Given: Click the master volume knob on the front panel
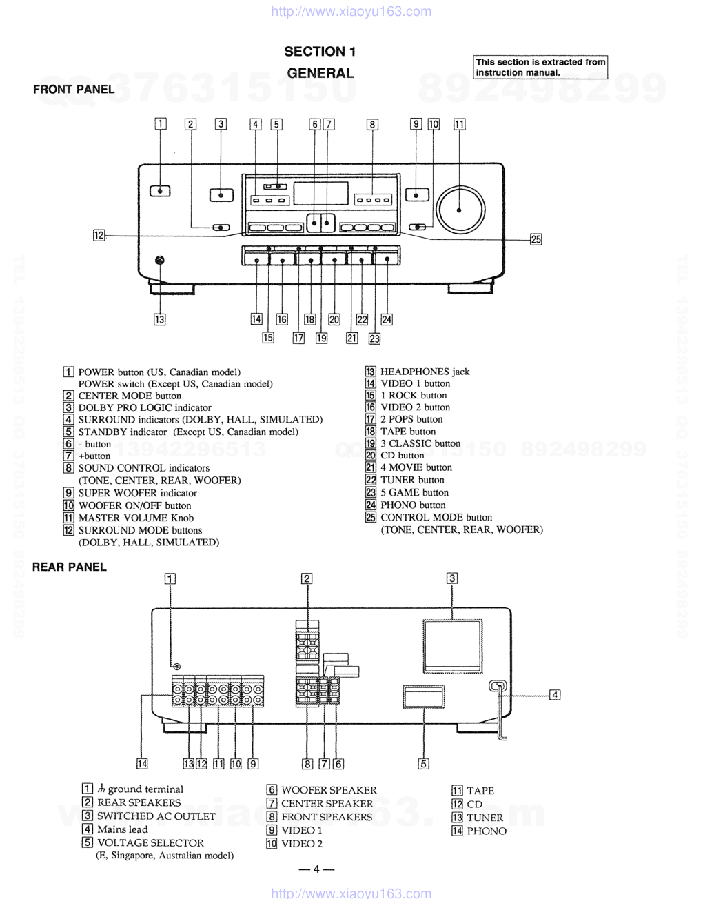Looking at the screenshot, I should click(460, 209).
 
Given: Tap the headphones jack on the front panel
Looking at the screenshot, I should click(160, 261).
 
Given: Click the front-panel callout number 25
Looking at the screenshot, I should click(536, 239).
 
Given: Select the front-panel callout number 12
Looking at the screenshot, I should click(99, 236).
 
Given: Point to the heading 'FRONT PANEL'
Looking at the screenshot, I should click(74, 89).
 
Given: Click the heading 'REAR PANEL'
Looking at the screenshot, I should click(70, 567).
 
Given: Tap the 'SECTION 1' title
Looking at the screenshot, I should click(320, 52).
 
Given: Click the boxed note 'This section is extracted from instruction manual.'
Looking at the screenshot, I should click(540, 67).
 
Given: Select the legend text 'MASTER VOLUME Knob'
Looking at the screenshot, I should click(136, 518).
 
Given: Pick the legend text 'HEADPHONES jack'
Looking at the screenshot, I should click(425, 372).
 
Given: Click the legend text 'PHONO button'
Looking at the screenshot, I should click(413, 505).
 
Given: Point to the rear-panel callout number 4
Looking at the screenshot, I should click(555, 695).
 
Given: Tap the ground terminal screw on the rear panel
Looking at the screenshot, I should click(177, 667).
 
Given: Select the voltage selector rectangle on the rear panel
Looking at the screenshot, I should click(425, 697).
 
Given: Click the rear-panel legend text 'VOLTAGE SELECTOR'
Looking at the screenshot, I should click(150, 842).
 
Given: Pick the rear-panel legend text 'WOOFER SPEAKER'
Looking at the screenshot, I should click(329, 790).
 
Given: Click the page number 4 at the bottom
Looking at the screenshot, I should click(316, 869).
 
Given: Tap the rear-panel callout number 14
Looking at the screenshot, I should click(142, 763).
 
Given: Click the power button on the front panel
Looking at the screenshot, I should click(160, 191).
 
